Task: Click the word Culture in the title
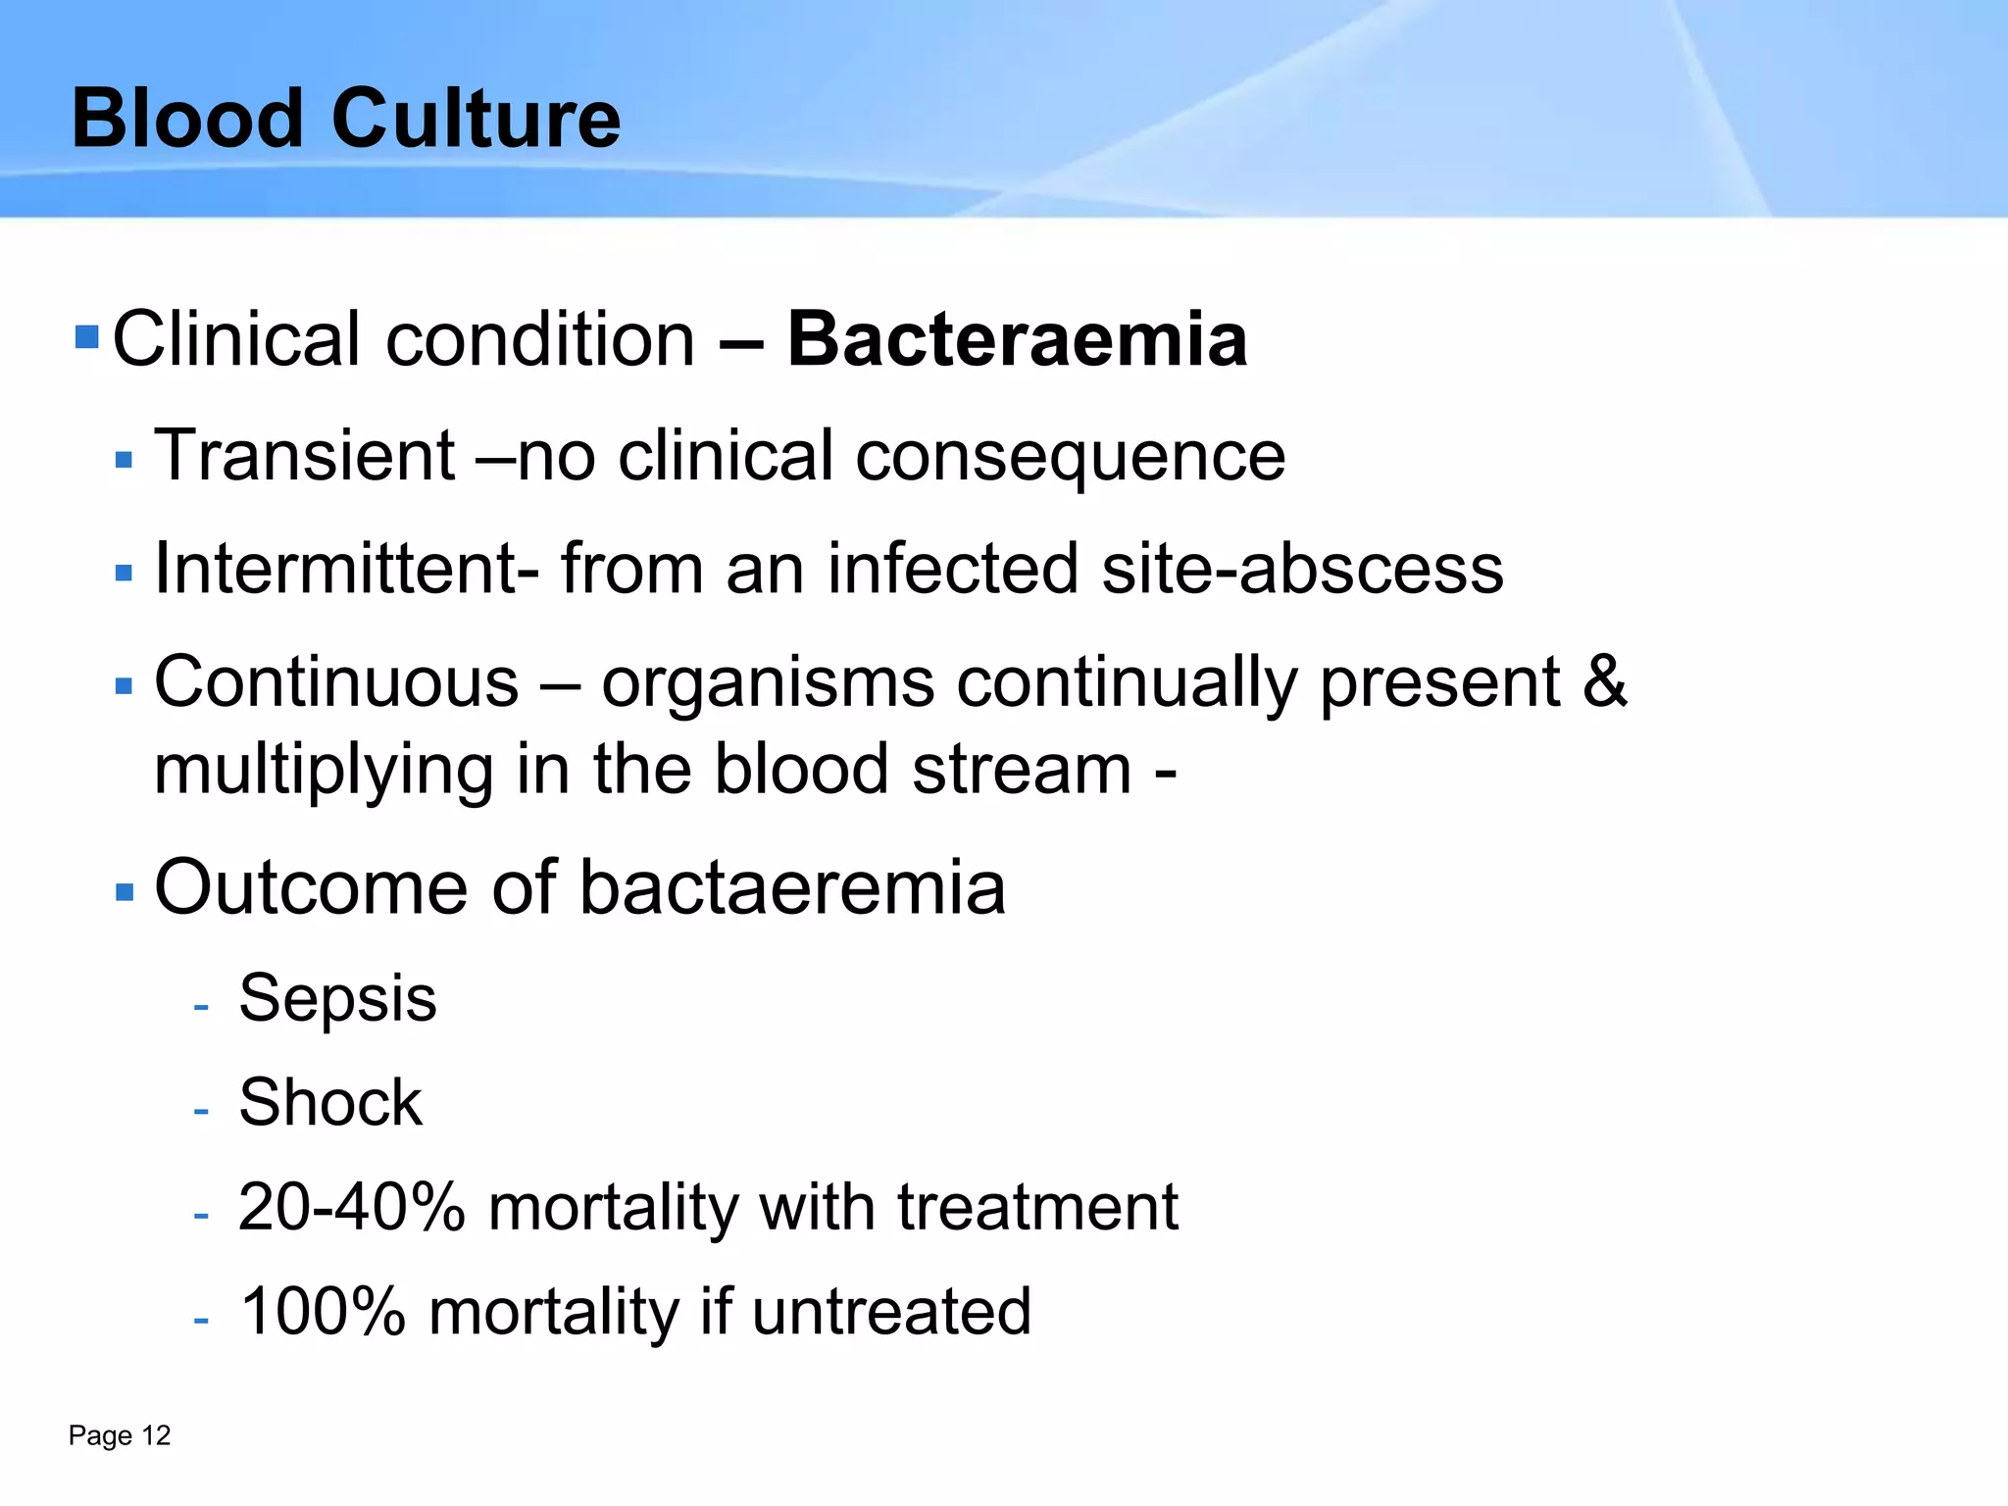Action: pos(476,119)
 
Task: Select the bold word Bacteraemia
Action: pos(1017,339)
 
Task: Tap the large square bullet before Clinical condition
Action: pos(87,337)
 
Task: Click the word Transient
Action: pos(305,456)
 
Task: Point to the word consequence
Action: pos(1070,458)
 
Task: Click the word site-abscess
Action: pos(1302,569)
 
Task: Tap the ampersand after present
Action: pos(1605,681)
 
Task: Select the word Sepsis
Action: pos(337,998)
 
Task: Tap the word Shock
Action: pos(330,1103)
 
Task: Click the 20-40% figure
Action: pos(351,1207)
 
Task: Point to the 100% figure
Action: pos(323,1312)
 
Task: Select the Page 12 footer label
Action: pos(120,1435)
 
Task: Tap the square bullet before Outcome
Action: pos(124,892)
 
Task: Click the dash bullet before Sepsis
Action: pos(201,1007)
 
